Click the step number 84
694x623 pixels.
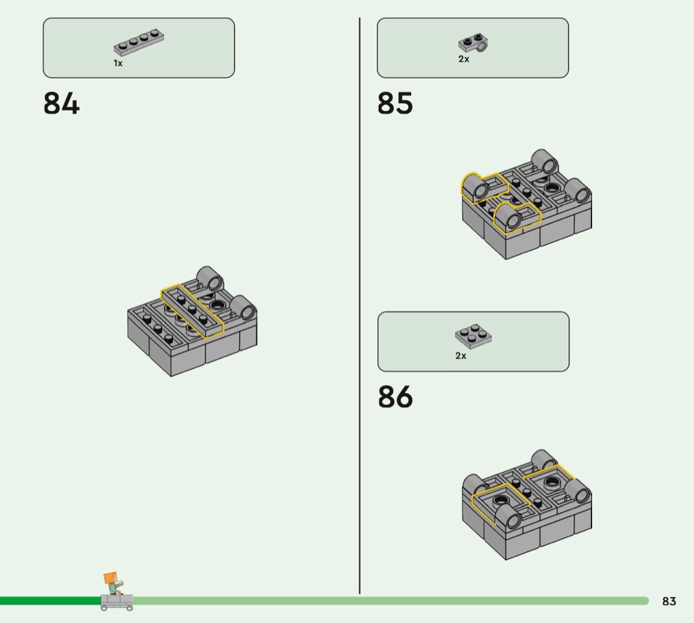click(61, 104)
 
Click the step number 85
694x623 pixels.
click(395, 104)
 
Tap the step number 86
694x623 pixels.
click(395, 397)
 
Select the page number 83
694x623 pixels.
click(669, 601)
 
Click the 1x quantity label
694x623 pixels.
click(118, 63)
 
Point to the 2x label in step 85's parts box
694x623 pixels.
click(463, 59)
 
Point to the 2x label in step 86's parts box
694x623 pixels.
click(461, 356)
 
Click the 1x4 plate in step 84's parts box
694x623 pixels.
click(139, 43)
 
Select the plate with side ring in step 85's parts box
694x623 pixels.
click(473, 44)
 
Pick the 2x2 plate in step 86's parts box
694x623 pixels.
click(473, 337)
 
